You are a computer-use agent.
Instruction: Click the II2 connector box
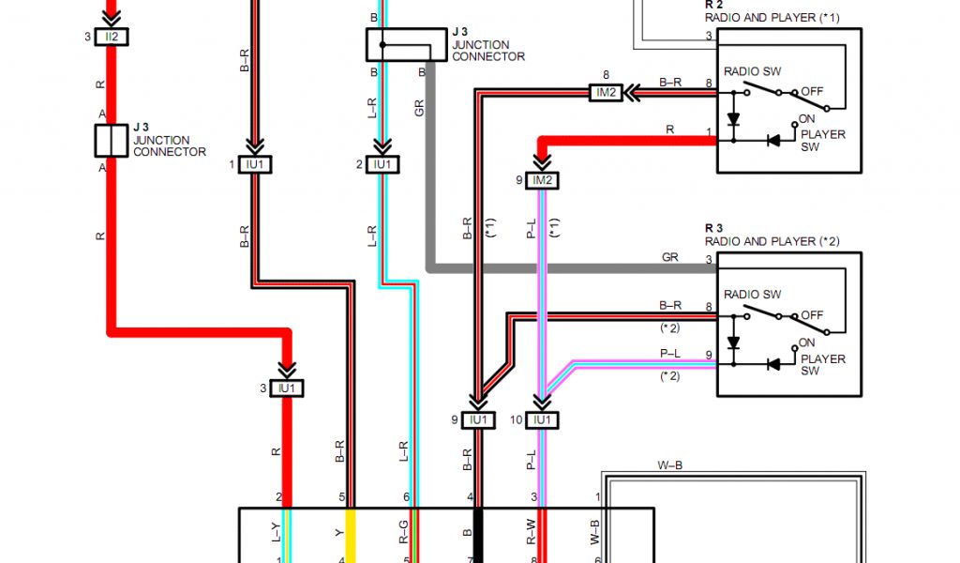(x=112, y=37)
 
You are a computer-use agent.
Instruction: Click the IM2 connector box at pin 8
(x=606, y=92)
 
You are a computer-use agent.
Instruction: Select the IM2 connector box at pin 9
(x=542, y=179)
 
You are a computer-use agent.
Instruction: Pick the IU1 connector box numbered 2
(x=382, y=164)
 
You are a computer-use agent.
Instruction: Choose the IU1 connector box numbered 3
(x=287, y=388)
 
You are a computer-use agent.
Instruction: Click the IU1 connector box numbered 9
(x=478, y=420)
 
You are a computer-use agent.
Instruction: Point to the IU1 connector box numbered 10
(x=542, y=420)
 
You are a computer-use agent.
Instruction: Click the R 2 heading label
(x=713, y=5)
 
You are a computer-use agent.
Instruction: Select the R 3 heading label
(x=713, y=228)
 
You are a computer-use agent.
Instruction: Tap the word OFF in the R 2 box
(x=812, y=92)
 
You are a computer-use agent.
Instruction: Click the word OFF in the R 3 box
(x=812, y=315)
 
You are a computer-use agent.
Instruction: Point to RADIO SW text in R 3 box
(x=752, y=295)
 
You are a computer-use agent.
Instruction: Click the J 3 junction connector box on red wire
(x=112, y=140)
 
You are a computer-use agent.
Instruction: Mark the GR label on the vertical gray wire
(x=419, y=109)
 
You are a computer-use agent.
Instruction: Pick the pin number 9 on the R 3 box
(x=709, y=356)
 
